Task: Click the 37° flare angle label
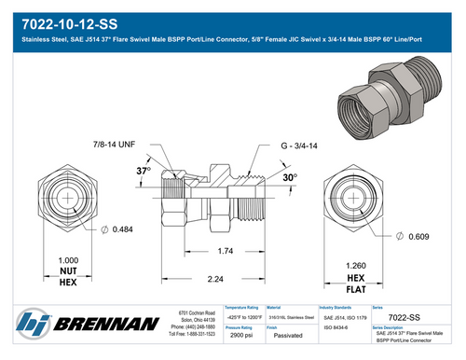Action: pos(143,173)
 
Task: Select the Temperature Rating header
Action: pos(245,306)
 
